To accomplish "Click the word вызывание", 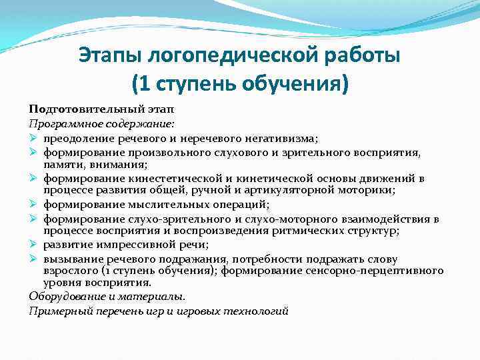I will pyautogui.click(x=71, y=259).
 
